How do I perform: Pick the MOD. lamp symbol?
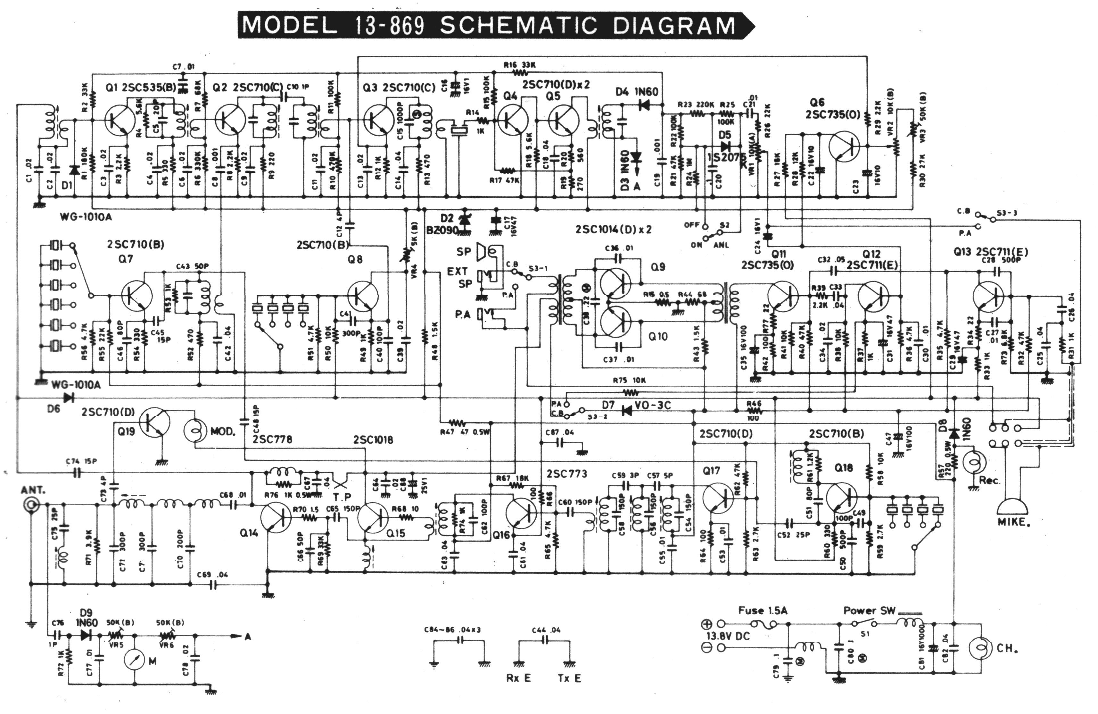pos(196,430)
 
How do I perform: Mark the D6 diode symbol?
pos(69,397)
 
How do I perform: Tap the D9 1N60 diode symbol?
pos(85,635)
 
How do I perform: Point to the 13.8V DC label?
pos(728,636)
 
